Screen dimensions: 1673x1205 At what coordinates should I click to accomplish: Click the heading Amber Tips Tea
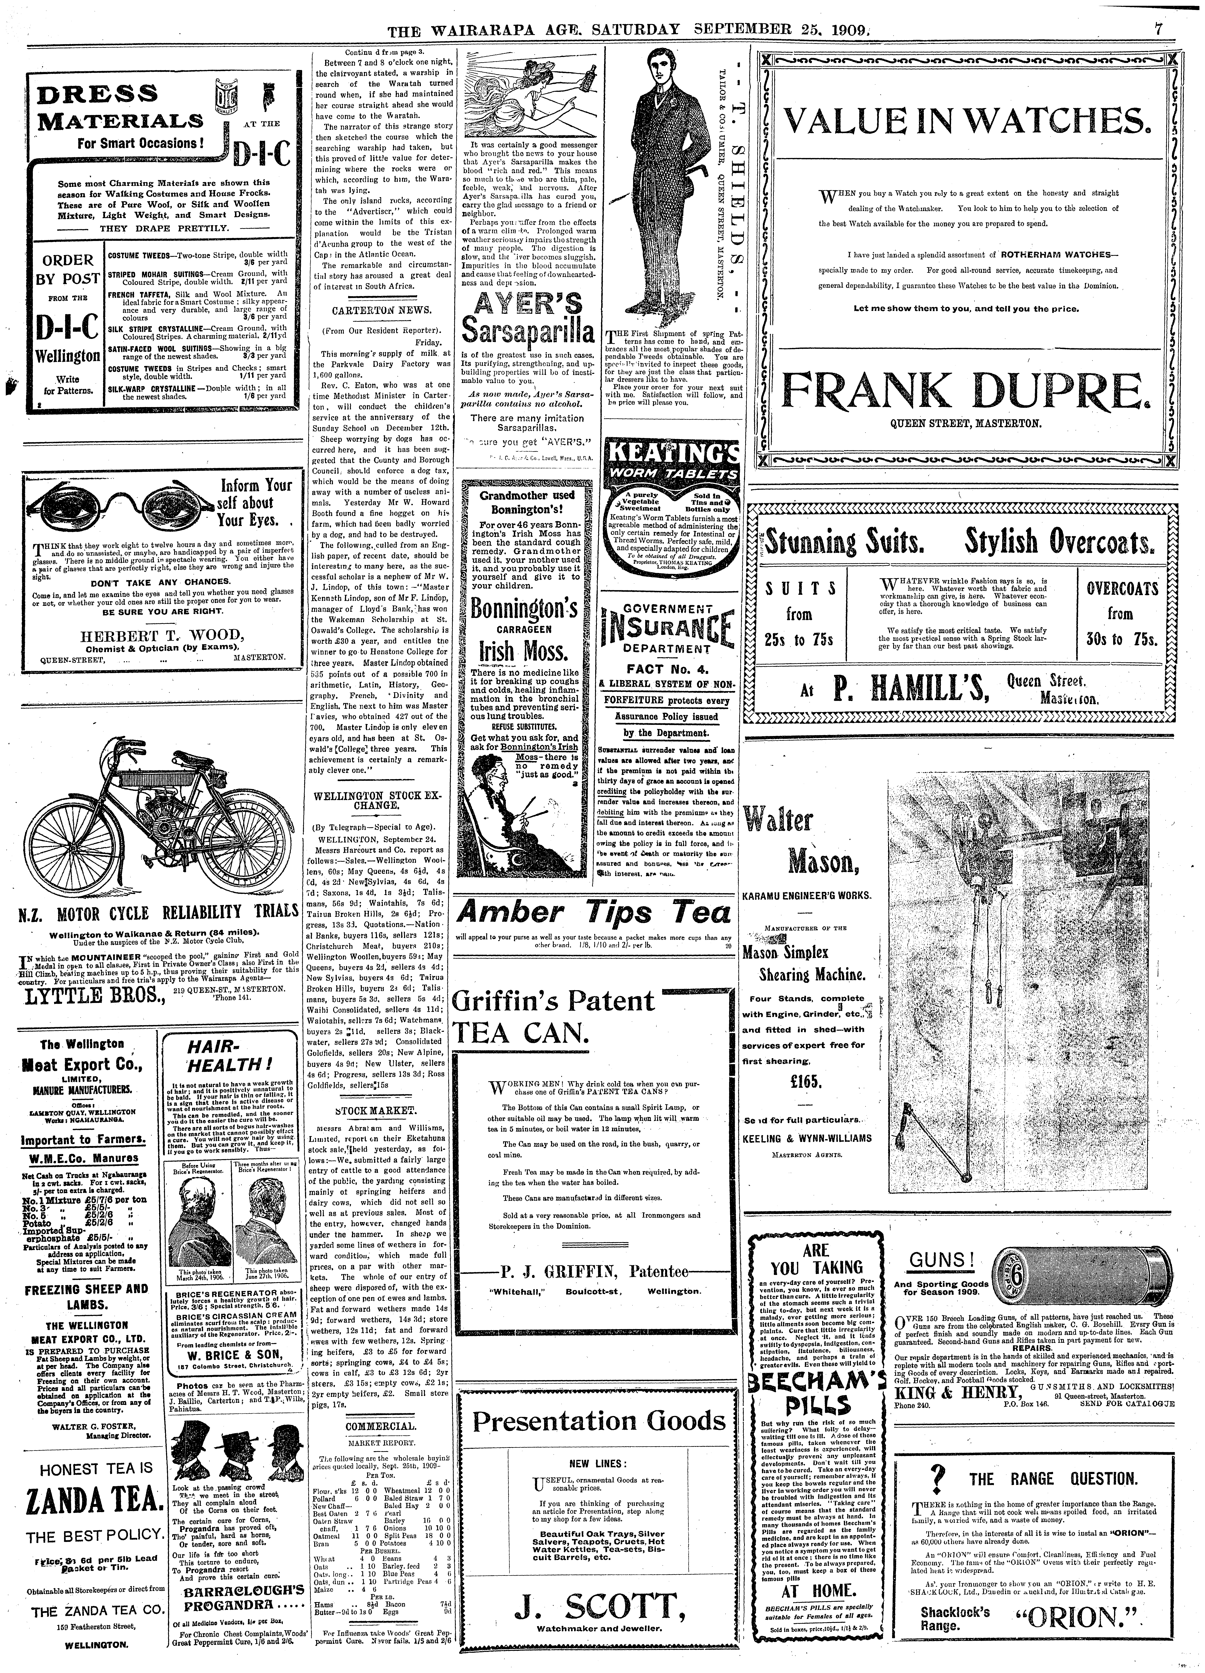tap(595, 913)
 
